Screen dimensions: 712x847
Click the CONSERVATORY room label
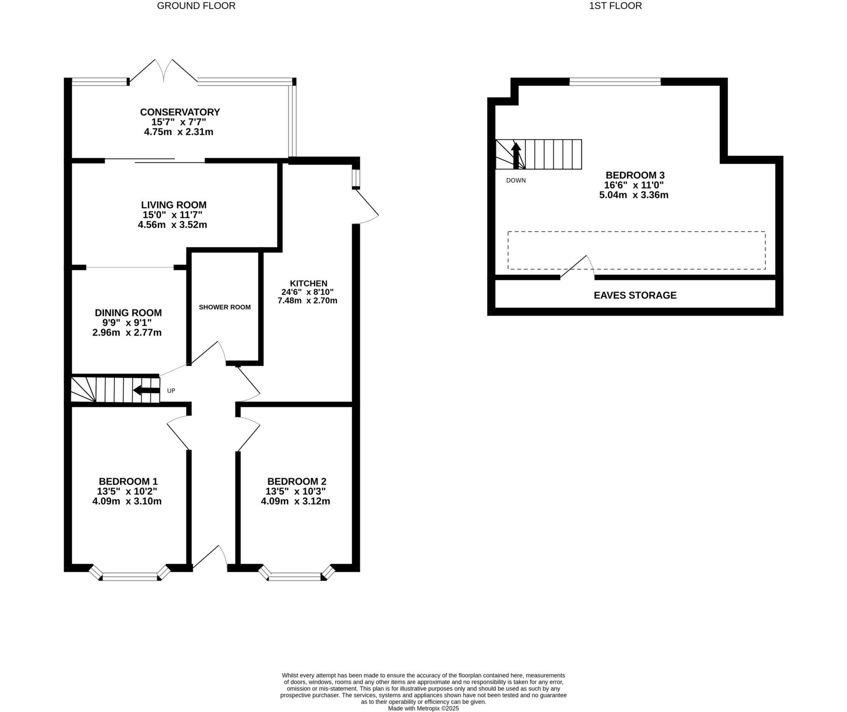tap(180, 112)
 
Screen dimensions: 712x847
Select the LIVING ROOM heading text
tap(174, 205)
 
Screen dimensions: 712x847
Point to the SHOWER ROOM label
tap(225, 307)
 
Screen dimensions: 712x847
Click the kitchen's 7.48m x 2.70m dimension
tap(307, 300)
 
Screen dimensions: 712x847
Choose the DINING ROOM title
tap(128, 313)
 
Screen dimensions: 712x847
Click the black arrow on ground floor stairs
tap(146, 390)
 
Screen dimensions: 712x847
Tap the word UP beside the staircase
tap(171, 391)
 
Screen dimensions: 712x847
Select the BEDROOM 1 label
tap(128, 481)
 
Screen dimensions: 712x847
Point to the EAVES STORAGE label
tap(635, 295)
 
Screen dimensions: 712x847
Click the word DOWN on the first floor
tap(516, 181)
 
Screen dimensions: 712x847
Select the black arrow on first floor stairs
tap(516, 155)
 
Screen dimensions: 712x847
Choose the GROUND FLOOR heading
tap(196, 6)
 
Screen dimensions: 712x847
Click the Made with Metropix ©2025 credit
tap(423, 708)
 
